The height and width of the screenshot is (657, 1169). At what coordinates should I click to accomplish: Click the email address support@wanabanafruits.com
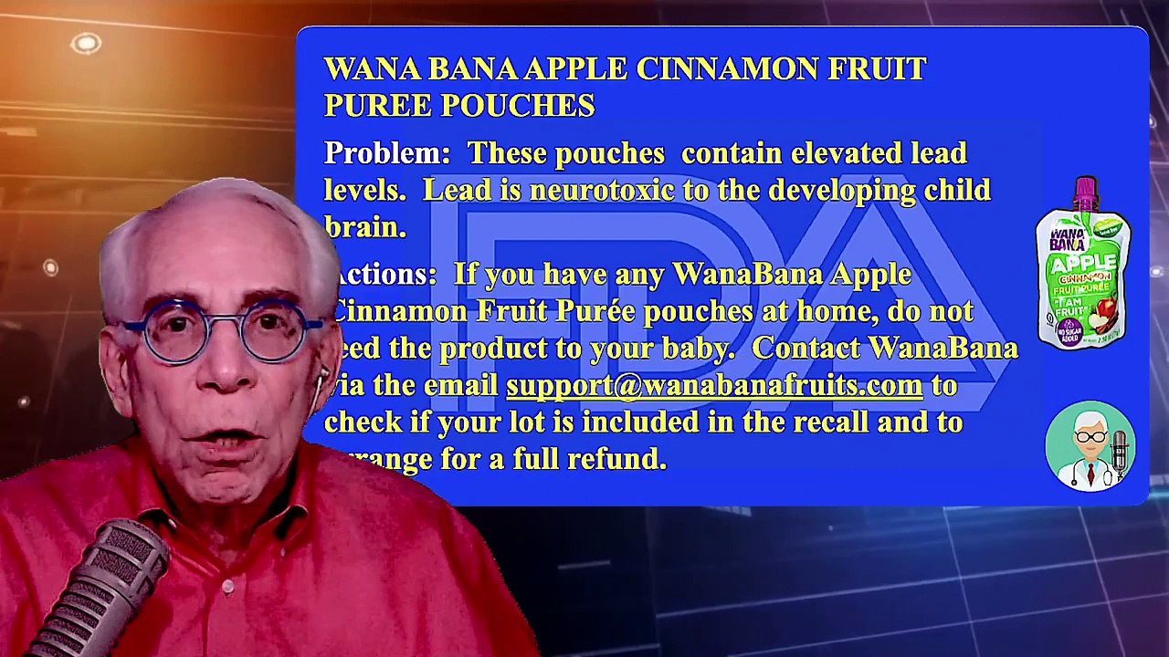coord(714,386)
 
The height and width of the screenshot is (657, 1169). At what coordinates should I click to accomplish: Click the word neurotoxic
coord(602,191)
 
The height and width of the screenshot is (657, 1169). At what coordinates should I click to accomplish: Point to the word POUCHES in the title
coord(518,106)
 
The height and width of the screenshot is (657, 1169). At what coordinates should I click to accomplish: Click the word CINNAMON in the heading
coord(727,69)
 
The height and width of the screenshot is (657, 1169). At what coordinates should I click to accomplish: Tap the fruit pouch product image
coord(1083,265)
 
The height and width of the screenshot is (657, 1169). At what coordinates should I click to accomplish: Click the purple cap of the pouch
coord(1085,191)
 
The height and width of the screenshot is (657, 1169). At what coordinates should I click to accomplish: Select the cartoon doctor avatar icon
coord(1090,447)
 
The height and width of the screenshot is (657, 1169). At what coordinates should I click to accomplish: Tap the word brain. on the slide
coord(365,227)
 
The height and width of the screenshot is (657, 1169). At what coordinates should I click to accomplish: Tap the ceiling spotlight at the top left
coord(86,43)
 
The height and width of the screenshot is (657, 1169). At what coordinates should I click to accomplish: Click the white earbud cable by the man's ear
coord(319,392)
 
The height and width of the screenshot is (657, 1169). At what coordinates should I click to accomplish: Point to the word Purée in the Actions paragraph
coord(595,311)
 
